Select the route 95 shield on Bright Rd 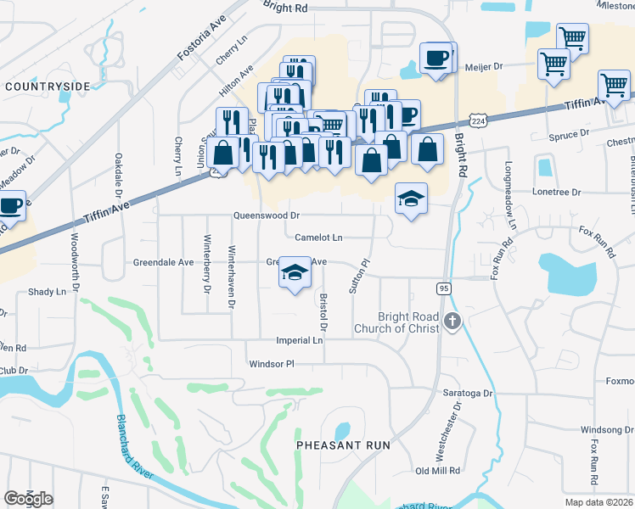(x=444, y=289)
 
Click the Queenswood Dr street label (x=267, y=215)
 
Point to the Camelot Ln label (x=318, y=238)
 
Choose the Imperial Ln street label (x=300, y=340)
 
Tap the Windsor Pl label (x=271, y=364)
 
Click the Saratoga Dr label (x=468, y=394)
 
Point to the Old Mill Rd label (x=437, y=470)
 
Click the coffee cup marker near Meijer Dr (x=436, y=59)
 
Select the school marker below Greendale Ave (x=295, y=272)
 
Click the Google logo (x=28, y=499)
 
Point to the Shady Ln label (x=47, y=292)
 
